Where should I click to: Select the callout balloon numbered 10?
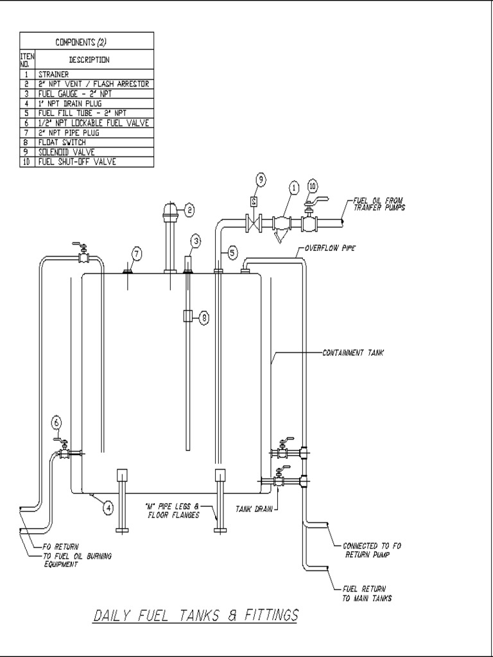312,187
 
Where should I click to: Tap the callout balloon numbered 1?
294,188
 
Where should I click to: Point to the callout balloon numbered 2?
190,209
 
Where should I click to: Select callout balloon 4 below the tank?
108,508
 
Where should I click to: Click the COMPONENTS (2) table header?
86,42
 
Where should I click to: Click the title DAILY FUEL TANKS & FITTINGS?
196,616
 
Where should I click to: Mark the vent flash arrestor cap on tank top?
170,209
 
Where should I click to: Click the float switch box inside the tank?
188,315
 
